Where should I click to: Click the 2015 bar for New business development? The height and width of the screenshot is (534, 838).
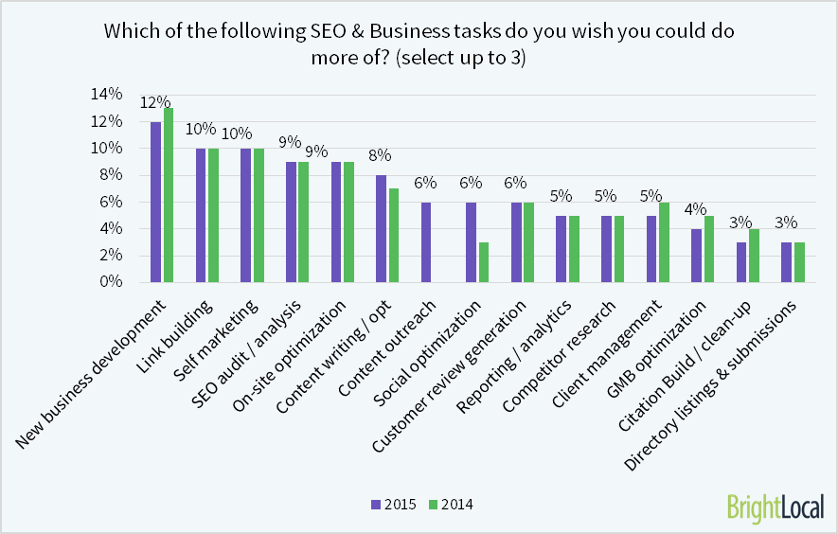click(x=155, y=202)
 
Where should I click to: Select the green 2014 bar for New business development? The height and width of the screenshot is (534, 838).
click(x=169, y=195)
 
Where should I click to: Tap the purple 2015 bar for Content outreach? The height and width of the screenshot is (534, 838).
click(x=426, y=242)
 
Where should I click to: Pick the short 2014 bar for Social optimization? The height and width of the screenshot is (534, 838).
click(x=484, y=262)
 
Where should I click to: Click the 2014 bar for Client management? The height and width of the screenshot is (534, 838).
click(x=664, y=242)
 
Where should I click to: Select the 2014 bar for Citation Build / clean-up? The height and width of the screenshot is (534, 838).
click(x=754, y=256)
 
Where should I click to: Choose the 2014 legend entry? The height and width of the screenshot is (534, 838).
click(x=450, y=505)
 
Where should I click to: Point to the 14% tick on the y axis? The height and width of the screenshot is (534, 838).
click(x=106, y=94)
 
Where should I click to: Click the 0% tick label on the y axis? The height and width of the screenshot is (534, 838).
click(x=111, y=282)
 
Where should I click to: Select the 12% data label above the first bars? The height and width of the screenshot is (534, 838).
click(x=155, y=102)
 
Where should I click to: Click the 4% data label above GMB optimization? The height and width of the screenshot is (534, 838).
click(x=696, y=209)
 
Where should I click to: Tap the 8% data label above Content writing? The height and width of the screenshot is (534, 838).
click(x=381, y=156)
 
